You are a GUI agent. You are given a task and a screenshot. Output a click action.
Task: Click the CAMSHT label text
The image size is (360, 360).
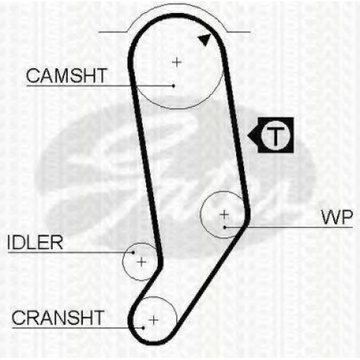pyautogui.click(x=66, y=76)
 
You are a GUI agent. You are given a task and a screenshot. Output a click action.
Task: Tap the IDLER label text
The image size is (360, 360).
pyautogui.click(x=35, y=243)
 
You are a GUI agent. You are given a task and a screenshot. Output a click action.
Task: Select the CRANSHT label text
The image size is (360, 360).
pyautogui.click(x=58, y=318)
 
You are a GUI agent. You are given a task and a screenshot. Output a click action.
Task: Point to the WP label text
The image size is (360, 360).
pyautogui.click(x=337, y=217)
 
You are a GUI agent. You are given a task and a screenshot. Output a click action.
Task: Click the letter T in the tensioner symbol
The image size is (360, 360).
pyautogui.click(x=276, y=136)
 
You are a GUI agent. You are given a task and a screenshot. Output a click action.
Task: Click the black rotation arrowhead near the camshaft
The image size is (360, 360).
pyautogui.click(x=204, y=40)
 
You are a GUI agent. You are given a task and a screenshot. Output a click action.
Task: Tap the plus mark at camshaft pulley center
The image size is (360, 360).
pyautogui.click(x=177, y=63)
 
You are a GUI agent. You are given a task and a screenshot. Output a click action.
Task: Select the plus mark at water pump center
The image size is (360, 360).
pyautogui.click(x=224, y=215)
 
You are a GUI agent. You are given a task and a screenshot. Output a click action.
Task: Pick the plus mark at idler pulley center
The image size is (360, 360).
pyautogui.click(x=142, y=261)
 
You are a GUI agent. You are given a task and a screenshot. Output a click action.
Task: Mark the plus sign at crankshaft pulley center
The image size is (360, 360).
pyautogui.click(x=153, y=320)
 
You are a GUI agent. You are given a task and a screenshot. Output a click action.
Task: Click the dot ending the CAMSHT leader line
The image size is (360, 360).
pyautogui.click(x=174, y=86)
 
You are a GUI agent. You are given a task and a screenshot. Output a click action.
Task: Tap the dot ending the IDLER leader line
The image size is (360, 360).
pyautogui.click(x=133, y=253)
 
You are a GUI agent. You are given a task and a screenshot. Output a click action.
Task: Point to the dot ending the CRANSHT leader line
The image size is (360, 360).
pyautogui.click(x=143, y=328)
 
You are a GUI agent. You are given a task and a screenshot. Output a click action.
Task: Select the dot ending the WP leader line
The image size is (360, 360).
pyautogui.click(x=225, y=227)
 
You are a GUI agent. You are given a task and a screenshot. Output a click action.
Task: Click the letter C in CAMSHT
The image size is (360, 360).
pyautogui.click(x=33, y=76)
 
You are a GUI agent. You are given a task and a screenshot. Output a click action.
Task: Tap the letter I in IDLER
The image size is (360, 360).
pyautogui.click(x=9, y=243)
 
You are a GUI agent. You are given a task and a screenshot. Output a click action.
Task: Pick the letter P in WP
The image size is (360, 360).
pyautogui.click(x=346, y=217)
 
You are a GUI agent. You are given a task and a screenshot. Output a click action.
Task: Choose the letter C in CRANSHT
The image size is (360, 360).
pyautogui.click(x=19, y=318)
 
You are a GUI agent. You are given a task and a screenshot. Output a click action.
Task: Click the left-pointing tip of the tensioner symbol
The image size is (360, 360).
pyautogui.click(x=248, y=136)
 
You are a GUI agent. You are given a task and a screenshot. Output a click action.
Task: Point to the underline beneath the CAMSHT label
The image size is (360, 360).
pyautogui.click(x=100, y=86)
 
